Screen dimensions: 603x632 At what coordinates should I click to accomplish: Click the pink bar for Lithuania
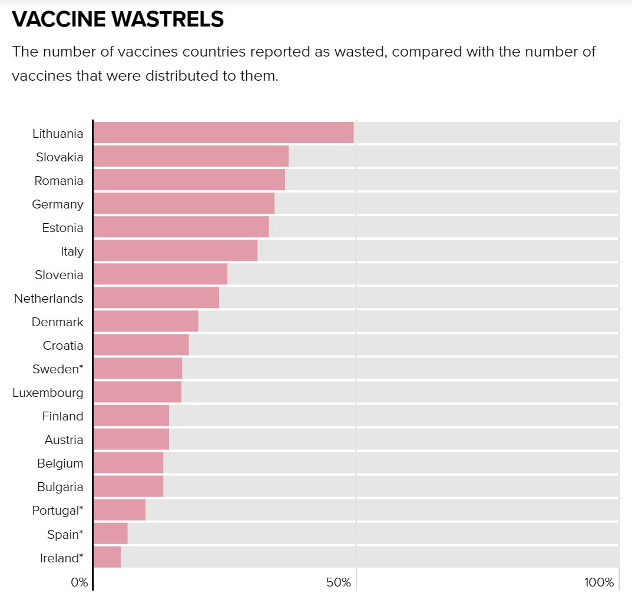coord(223,132)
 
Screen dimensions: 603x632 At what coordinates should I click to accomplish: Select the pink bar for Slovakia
coord(191,156)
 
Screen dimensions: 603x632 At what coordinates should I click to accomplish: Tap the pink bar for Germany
coord(184,203)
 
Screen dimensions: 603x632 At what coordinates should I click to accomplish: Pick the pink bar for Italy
coord(176,250)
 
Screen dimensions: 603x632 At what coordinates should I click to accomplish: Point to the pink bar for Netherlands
coord(156,297)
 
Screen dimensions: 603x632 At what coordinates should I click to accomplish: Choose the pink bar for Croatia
coord(141,344)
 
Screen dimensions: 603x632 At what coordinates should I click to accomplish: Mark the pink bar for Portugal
coord(120,509)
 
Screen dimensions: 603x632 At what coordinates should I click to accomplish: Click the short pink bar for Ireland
coord(107,556)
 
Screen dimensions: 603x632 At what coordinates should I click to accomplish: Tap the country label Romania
coord(59,181)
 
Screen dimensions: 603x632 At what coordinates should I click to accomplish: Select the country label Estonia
coord(62,228)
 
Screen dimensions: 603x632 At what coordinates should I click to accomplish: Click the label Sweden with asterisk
coord(58,369)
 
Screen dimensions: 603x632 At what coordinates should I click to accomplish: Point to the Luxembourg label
coord(48,393)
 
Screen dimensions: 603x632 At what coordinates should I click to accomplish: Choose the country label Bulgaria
coord(60,487)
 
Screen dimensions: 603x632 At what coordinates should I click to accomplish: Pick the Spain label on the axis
coord(65,535)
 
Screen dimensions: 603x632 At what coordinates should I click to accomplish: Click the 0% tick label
coord(79,583)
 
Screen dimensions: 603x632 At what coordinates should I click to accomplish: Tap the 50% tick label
coord(338,583)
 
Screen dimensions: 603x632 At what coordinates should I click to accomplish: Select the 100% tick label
coord(599,583)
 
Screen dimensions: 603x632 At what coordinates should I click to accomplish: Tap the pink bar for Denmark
coord(145,321)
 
